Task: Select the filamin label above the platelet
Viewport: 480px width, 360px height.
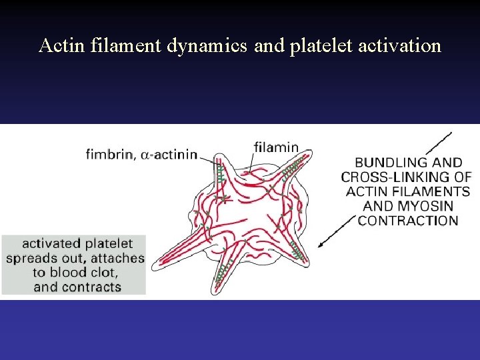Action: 276,148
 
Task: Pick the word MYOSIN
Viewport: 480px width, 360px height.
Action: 423,206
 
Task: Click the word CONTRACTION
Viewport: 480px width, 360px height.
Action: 408,221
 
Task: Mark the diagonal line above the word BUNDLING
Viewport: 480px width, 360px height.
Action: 437,143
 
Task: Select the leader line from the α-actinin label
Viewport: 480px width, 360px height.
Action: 208,158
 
